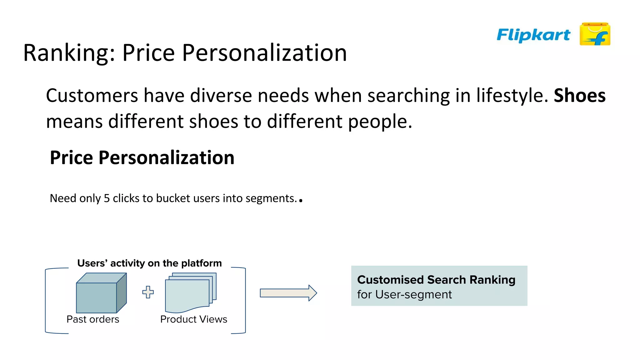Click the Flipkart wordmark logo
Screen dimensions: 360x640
533,35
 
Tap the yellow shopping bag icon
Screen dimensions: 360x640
595,34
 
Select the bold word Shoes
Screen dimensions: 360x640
579,95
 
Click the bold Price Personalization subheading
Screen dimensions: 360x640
142,157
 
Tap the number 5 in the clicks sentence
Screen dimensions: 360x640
107,198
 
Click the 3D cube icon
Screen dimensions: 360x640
101,293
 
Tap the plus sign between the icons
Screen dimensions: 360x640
148,292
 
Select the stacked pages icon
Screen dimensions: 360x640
191,292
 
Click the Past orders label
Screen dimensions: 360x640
93,319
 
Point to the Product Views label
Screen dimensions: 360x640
193,319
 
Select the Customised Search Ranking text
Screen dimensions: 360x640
436,280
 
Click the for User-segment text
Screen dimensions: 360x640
404,295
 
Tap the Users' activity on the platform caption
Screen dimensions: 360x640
149,263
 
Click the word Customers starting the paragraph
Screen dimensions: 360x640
92,95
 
